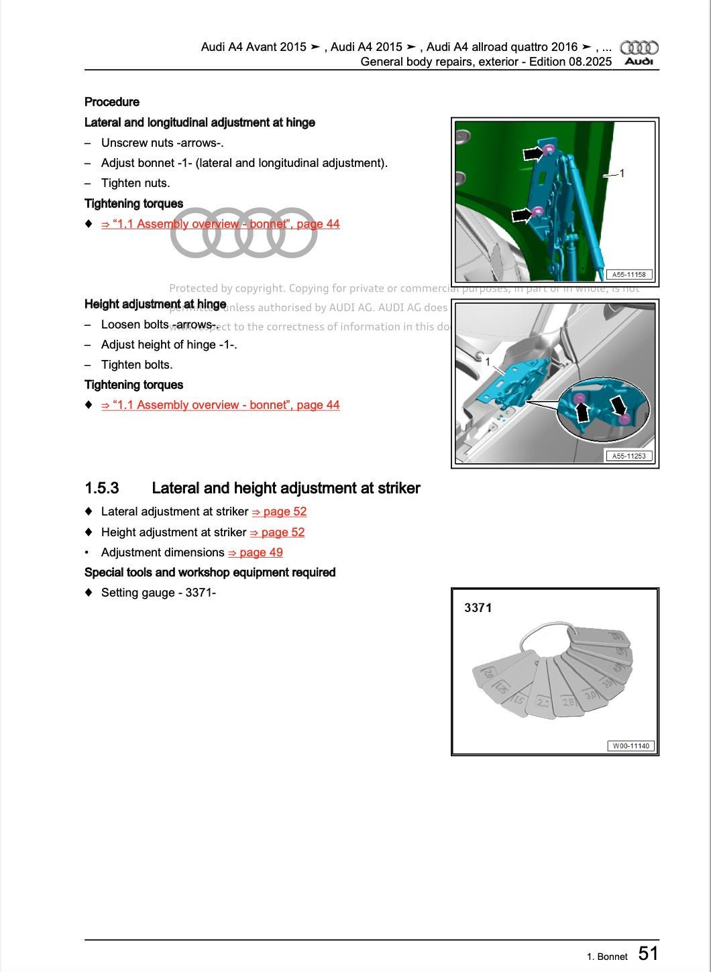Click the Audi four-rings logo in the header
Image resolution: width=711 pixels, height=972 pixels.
pos(639,48)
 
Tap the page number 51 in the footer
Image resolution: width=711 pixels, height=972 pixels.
pos(648,953)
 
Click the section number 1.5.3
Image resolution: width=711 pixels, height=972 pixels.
pos(102,488)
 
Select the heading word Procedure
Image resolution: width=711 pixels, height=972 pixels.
pos(112,102)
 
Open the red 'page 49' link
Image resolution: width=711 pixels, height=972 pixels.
pos(256,552)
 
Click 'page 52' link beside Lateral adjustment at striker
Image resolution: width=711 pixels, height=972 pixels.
pos(280,511)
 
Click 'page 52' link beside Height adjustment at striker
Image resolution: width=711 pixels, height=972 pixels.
pos(278,532)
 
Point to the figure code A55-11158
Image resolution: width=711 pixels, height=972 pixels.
pos(628,274)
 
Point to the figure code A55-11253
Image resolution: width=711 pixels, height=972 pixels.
pos(628,456)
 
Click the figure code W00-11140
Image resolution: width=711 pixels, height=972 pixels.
pos(631,746)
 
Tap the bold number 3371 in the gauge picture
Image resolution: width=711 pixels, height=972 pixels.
pos(478,608)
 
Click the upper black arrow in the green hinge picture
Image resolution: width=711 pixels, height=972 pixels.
pos(533,154)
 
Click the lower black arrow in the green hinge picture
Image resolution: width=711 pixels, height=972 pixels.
pos(522,215)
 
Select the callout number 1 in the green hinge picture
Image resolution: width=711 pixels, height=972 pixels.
pos(622,174)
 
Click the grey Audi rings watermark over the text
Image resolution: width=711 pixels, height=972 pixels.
pos(243,233)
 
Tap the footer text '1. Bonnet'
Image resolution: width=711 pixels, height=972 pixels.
pos(607,957)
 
